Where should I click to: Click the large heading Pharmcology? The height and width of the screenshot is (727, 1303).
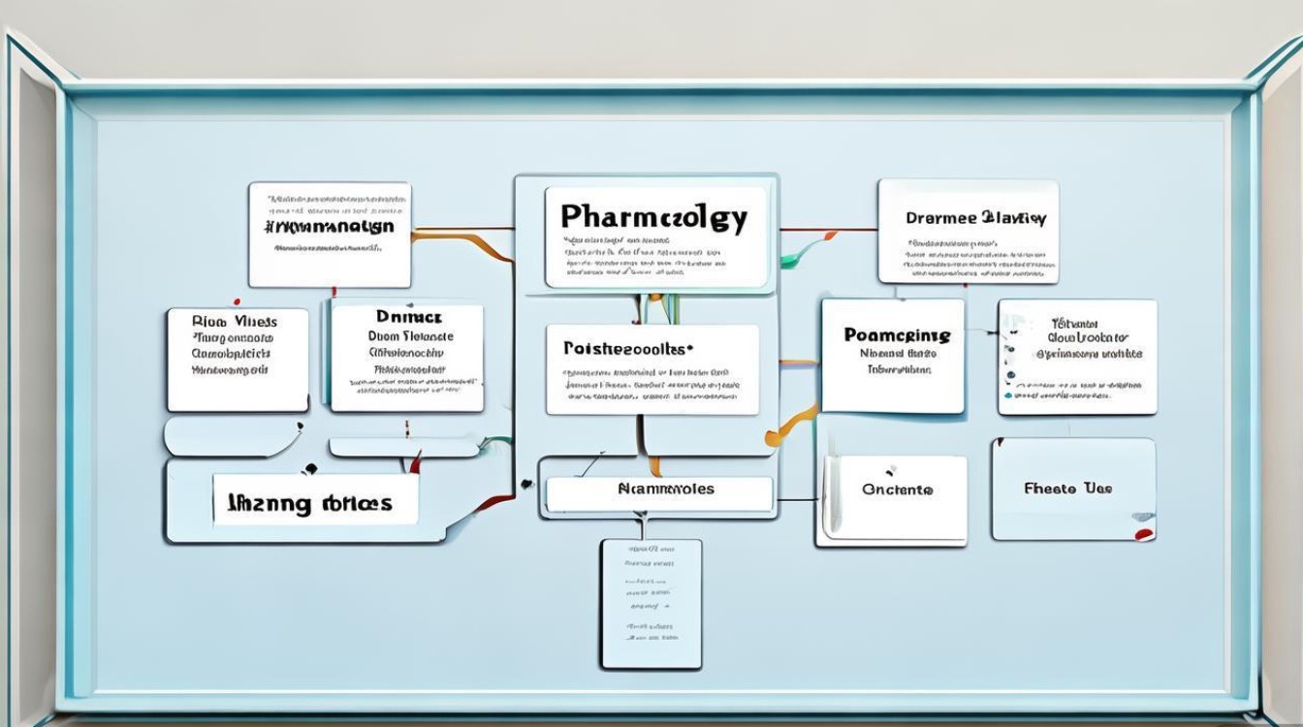coord(654,217)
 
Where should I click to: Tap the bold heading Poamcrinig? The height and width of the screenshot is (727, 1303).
coord(897,335)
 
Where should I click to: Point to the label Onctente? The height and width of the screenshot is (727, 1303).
coord(897,490)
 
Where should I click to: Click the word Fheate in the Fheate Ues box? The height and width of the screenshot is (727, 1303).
coord(1050,489)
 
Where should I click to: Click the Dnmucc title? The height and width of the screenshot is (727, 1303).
coord(408,316)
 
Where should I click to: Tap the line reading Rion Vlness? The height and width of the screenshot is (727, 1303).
coord(235,322)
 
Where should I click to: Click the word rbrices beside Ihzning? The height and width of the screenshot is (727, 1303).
coord(359,503)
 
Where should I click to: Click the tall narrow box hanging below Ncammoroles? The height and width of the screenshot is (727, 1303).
coord(651,603)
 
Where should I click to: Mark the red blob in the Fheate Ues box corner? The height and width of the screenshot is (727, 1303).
coord(1144,532)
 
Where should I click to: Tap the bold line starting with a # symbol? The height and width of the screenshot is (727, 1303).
coord(329,227)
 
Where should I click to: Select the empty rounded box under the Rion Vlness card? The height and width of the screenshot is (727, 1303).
coord(233,437)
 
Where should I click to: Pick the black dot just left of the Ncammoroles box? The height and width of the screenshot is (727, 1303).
coord(526,483)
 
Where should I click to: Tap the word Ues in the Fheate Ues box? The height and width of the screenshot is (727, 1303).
coord(1099,489)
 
